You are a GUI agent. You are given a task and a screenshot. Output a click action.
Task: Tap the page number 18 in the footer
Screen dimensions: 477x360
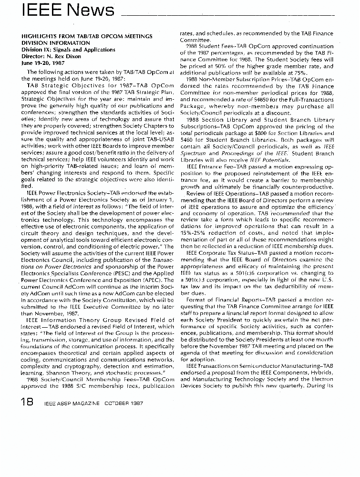(23, 402)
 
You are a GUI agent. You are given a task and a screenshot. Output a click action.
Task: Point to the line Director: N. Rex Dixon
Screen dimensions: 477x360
(51, 56)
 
